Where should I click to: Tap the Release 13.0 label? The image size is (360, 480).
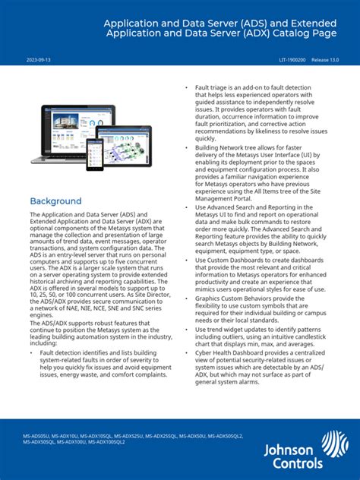pos(326,58)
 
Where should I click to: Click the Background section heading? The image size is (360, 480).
pos(55,201)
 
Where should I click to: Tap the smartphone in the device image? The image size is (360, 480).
pos(95,154)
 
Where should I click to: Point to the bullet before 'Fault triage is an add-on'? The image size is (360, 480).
pos(187,88)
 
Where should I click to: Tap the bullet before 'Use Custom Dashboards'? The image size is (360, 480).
pos(187,260)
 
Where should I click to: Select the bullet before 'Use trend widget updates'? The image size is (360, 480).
pos(187,330)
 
